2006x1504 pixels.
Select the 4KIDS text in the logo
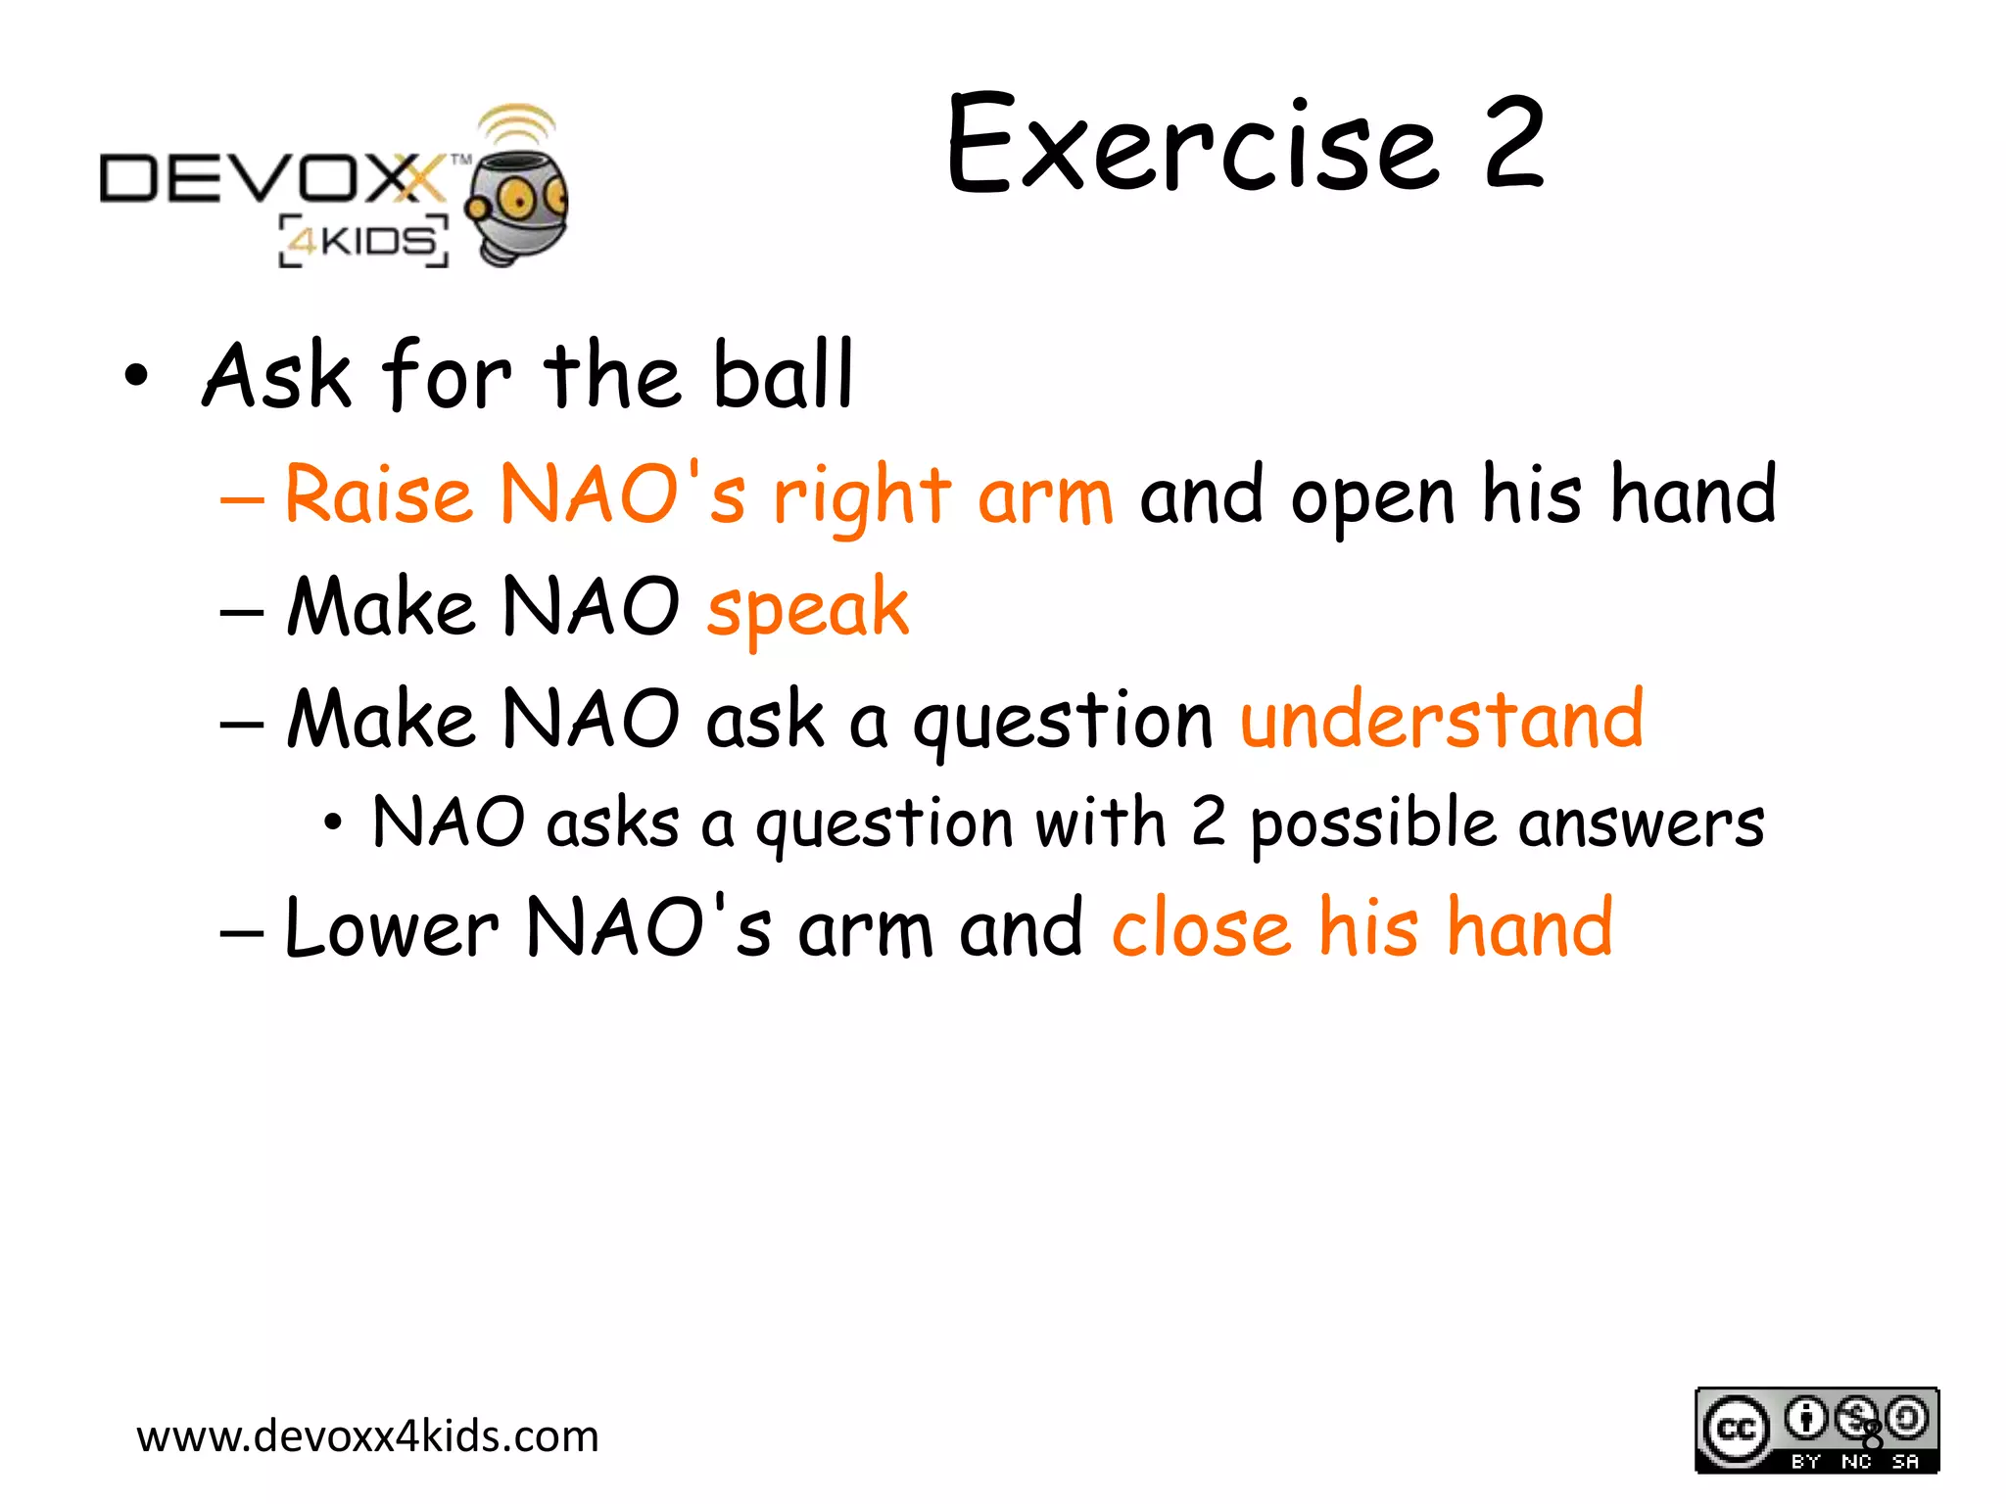(x=364, y=241)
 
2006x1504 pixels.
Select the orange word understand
(x=1441, y=720)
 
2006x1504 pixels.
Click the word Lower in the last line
(x=391, y=928)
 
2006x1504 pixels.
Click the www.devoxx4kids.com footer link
(x=367, y=1436)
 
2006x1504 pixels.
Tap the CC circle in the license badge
(x=1736, y=1429)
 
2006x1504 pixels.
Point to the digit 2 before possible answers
(x=1208, y=822)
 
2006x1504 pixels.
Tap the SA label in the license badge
(x=1905, y=1462)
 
